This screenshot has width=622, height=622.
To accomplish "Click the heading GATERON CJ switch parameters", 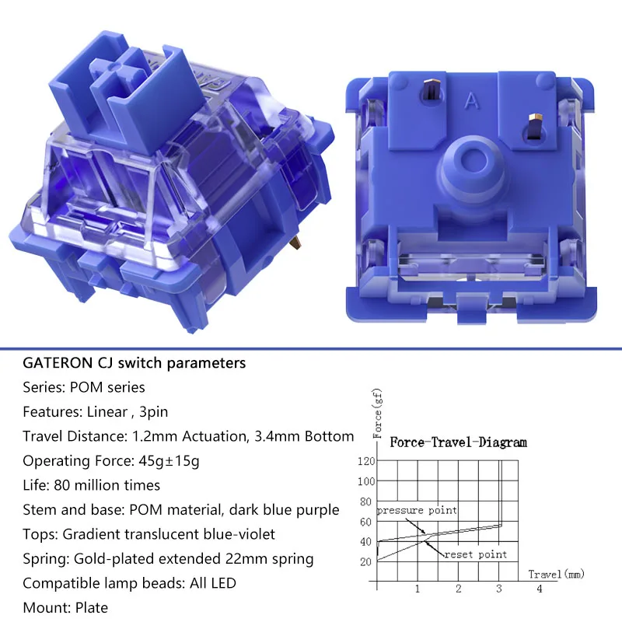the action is tap(134, 363).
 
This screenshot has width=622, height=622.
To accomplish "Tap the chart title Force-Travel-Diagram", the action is tap(458, 442).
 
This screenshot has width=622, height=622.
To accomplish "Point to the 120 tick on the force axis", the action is tap(365, 461).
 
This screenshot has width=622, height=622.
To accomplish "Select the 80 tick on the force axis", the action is tap(365, 501).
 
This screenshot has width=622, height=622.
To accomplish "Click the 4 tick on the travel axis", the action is tap(539, 589).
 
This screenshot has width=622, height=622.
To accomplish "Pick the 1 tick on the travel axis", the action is tap(418, 589).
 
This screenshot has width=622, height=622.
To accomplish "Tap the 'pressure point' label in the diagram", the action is tap(417, 510).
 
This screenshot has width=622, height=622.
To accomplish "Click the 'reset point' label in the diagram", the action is tap(476, 554).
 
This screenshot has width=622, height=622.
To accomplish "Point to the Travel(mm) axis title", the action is tap(556, 574).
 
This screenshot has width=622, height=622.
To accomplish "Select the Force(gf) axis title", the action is tap(377, 414).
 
